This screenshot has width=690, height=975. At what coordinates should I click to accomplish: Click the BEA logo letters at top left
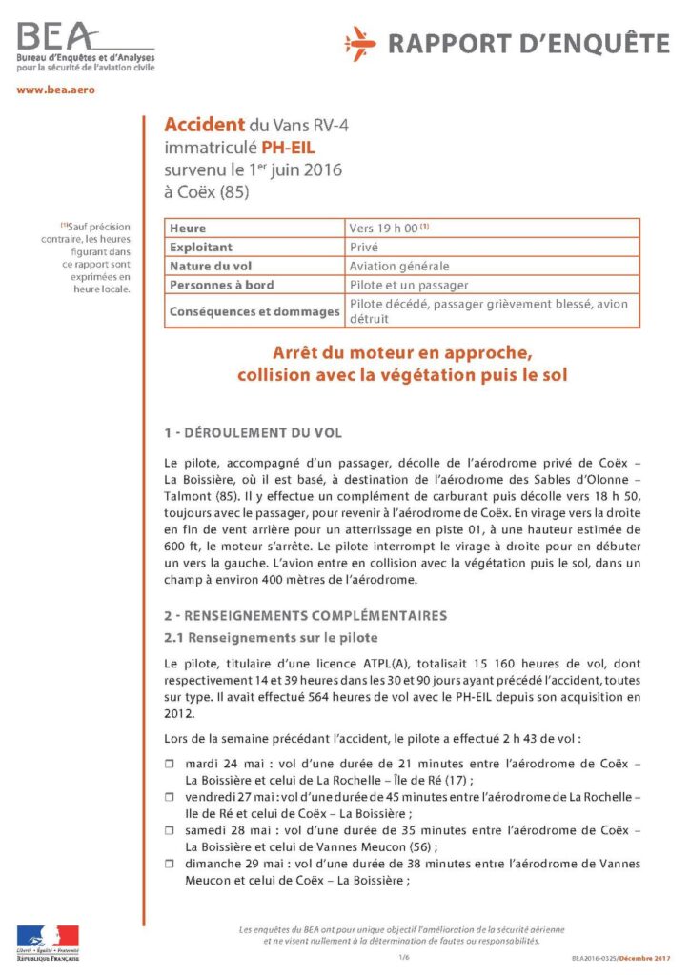55,38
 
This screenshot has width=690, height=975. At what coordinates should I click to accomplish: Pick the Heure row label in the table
188,229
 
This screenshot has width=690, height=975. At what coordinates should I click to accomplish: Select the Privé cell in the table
364,248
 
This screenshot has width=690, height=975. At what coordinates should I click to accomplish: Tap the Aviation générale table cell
398,266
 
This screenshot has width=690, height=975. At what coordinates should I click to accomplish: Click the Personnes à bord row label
221,285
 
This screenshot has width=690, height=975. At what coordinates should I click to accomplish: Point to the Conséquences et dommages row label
254,311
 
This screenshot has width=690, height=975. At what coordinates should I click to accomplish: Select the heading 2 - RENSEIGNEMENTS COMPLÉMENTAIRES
305,615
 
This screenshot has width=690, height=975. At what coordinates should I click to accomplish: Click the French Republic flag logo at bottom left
48,937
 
